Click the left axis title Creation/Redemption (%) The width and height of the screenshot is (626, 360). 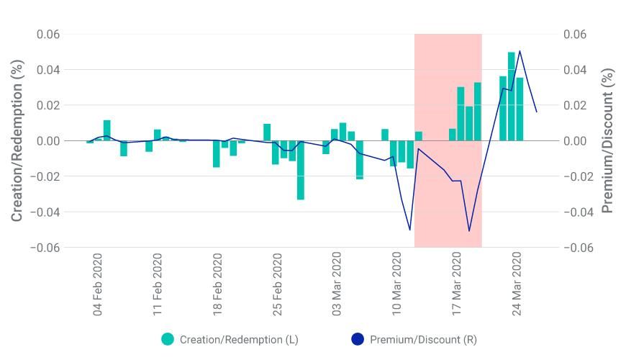pyautogui.click(x=17, y=140)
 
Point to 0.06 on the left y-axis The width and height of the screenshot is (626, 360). pyautogui.click(x=48, y=35)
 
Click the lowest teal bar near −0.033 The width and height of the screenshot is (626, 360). pyautogui.click(x=301, y=170)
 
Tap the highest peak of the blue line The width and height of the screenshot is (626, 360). pyautogui.click(x=520, y=51)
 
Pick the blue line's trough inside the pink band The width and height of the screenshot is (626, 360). pyautogui.click(x=469, y=231)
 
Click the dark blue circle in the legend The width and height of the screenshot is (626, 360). pyautogui.click(x=358, y=339)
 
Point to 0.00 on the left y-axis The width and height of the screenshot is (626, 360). pyautogui.click(x=48, y=141)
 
